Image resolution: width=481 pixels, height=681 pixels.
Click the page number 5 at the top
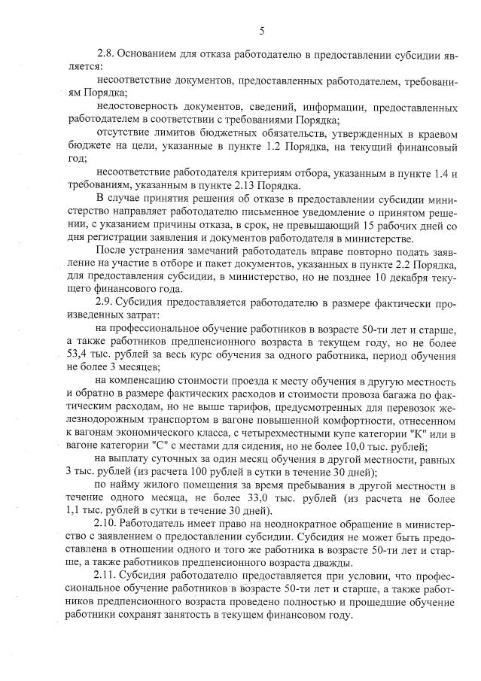coord(261,31)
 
